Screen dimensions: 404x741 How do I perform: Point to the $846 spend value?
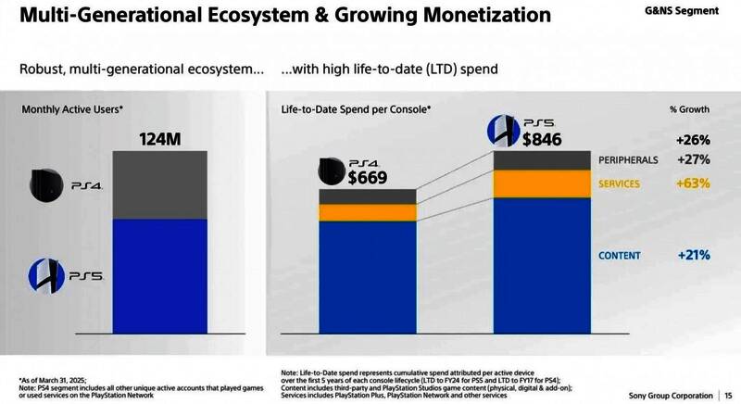[542, 140]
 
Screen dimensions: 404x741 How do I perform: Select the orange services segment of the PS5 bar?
[541, 183]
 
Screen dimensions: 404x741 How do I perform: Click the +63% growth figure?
[692, 183]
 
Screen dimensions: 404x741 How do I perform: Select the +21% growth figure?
[693, 255]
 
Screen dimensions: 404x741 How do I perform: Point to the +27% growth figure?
[693, 159]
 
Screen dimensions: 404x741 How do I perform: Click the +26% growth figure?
[693, 141]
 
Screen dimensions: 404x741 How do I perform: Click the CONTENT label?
[618, 255]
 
